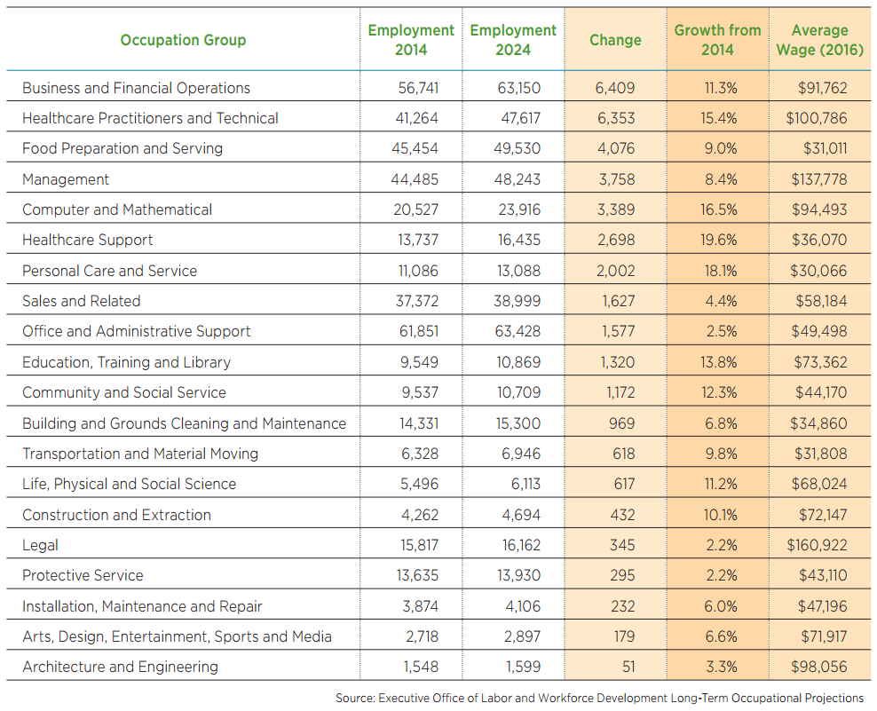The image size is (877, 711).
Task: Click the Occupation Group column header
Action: [183, 40]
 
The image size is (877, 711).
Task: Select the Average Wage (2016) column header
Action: [819, 40]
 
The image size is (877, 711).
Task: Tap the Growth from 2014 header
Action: [717, 40]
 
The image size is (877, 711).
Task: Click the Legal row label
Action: [40, 545]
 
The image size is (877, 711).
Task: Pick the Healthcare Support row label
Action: [87, 240]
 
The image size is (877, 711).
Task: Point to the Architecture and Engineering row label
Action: [120, 667]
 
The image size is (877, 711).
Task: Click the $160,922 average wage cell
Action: [817, 545]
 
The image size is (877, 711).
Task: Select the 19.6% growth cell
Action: [720, 240]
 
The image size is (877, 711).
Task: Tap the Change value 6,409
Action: [616, 88]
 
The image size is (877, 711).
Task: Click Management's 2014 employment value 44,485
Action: [415, 179]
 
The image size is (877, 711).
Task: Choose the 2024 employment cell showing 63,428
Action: [517, 331]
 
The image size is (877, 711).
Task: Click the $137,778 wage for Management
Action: [818, 179]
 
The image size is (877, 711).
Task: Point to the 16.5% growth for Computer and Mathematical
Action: [720, 209]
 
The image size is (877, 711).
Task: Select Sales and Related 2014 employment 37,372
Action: [415, 301]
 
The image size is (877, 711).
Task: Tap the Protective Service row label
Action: [83, 575]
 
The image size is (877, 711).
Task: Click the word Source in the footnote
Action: [355, 698]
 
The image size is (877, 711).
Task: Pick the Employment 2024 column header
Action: [513, 40]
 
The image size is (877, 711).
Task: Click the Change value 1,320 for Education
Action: [617, 362]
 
